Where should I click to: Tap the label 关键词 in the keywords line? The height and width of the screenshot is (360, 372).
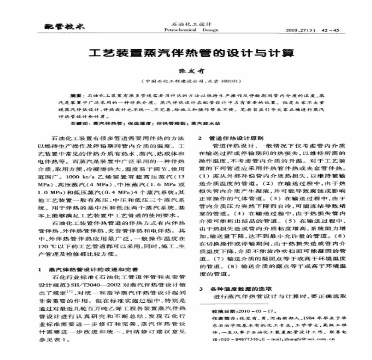pos(78,123)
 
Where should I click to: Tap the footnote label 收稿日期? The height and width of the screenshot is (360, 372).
pos(224,311)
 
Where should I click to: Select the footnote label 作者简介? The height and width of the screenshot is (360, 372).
pos(224,319)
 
